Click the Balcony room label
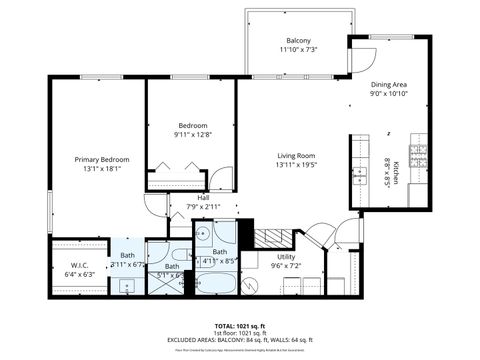tap(298, 40)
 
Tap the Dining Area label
tap(389, 85)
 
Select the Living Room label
tap(296, 155)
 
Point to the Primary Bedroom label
tap(102, 159)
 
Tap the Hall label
tap(203, 198)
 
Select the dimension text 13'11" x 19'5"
tap(296, 165)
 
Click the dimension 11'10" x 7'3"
tap(298, 50)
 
